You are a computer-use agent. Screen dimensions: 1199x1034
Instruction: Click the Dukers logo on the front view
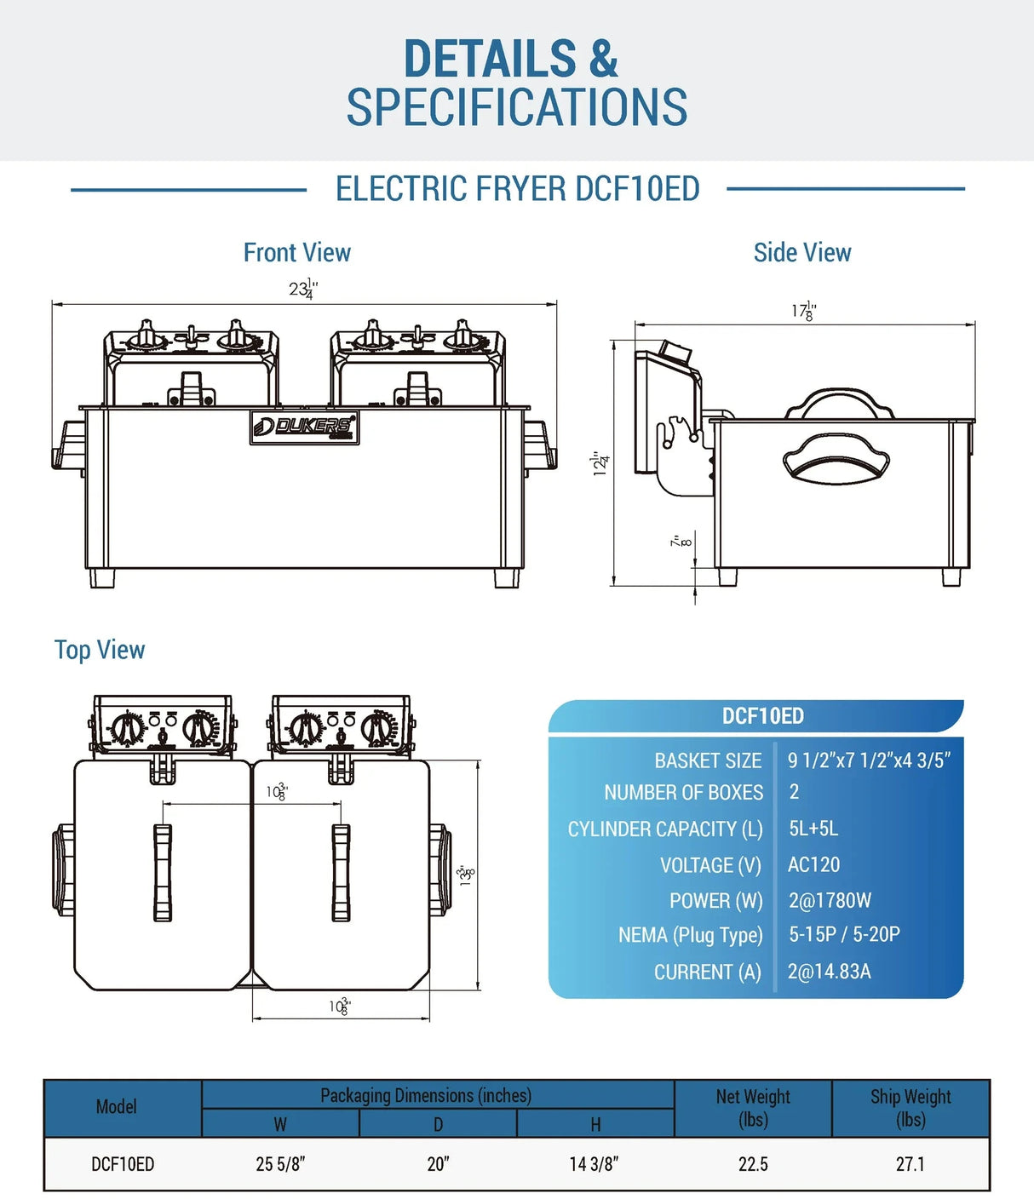pyautogui.click(x=304, y=427)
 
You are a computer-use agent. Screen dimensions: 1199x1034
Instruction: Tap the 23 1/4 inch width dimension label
pyautogui.click(x=303, y=290)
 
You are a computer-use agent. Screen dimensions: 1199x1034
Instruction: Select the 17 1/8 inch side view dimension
pyautogui.click(x=803, y=311)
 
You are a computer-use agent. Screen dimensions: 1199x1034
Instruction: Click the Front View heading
pyautogui.click(x=296, y=252)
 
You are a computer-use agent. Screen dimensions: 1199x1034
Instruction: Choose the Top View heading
pyautogui.click(x=100, y=650)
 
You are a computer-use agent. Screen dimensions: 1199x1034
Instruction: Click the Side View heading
pyautogui.click(x=802, y=252)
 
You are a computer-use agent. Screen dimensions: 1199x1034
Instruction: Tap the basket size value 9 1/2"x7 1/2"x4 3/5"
pyautogui.click(x=869, y=760)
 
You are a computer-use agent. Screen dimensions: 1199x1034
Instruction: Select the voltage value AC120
pyautogui.click(x=813, y=864)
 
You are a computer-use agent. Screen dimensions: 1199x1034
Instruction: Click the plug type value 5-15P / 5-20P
pyautogui.click(x=844, y=934)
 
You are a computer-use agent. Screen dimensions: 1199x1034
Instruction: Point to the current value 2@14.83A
pyautogui.click(x=829, y=972)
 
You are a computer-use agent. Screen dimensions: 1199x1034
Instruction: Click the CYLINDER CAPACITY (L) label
pyautogui.click(x=665, y=829)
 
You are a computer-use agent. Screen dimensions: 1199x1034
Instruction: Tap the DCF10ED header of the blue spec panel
pyautogui.click(x=762, y=716)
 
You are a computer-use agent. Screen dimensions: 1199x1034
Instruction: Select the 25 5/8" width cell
pyautogui.click(x=280, y=1164)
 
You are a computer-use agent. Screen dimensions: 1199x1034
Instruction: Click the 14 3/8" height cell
pyautogui.click(x=594, y=1164)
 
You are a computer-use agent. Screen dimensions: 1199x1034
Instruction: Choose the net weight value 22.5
pyautogui.click(x=753, y=1164)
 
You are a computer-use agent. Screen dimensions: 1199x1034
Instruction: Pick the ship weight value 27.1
pyautogui.click(x=910, y=1164)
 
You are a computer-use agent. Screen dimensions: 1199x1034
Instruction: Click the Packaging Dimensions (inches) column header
pyautogui.click(x=426, y=1095)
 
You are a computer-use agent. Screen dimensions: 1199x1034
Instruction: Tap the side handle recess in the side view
pyautogui.click(x=836, y=464)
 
